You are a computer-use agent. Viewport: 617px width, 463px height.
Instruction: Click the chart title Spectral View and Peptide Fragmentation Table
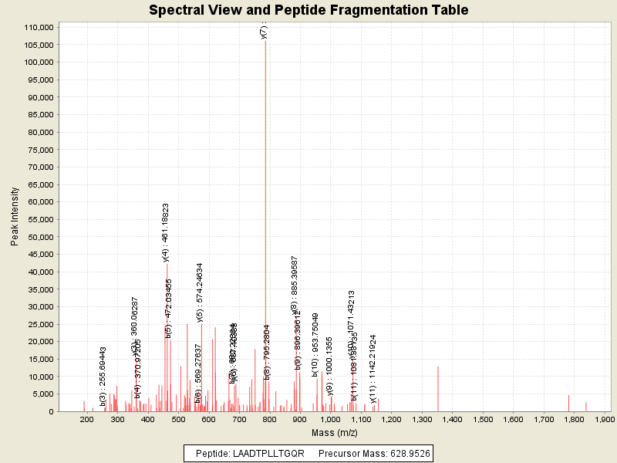point(308,10)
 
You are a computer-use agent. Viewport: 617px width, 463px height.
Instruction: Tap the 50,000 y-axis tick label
point(39,237)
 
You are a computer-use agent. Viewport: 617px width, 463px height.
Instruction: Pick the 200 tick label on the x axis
point(84,419)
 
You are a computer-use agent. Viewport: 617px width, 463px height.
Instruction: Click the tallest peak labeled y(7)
point(265,224)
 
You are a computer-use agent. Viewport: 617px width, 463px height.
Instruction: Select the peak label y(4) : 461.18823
point(166,232)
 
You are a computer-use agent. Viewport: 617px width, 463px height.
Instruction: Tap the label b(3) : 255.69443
point(103,376)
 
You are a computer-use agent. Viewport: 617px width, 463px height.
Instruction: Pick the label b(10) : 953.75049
point(315,344)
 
